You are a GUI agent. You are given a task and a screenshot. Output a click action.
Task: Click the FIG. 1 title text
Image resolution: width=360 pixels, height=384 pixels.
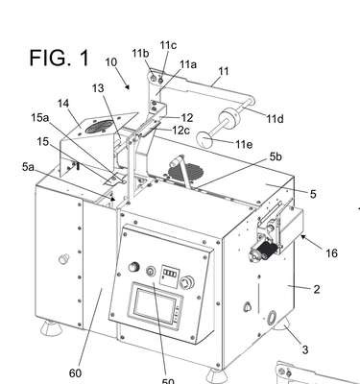pyautogui.click(x=60, y=58)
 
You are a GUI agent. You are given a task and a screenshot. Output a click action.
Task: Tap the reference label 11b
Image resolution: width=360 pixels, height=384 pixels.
pyautogui.click(x=140, y=54)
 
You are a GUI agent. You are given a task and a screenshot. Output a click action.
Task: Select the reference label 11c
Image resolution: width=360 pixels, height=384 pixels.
pyautogui.click(x=168, y=45)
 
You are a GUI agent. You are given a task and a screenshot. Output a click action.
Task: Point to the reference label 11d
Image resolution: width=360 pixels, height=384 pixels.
pyautogui.click(x=275, y=119)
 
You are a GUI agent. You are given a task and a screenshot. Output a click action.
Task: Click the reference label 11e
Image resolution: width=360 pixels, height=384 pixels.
pyautogui.click(x=244, y=144)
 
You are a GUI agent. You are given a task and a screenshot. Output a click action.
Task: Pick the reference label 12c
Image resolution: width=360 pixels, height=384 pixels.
pyautogui.click(x=181, y=131)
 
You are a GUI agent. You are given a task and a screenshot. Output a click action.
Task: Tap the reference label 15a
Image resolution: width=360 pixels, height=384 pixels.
pyautogui.click(x=40, y=117)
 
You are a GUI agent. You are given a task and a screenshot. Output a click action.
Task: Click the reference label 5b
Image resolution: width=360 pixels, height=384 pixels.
pyautogui.click(x=276, y=156)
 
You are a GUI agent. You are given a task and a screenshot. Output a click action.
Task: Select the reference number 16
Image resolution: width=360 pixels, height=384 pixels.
pyautogui.click(x=331, y=253)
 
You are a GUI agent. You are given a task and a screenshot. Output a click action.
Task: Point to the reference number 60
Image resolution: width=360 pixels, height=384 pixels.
pyautogui.click(x=75, y=372)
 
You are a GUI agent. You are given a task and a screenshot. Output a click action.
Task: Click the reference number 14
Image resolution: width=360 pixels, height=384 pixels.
pyautogui.click(x=63, y=103)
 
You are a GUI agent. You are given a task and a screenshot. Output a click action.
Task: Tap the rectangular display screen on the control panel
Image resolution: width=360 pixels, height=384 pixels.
pyautogui.click(x=156, y=306)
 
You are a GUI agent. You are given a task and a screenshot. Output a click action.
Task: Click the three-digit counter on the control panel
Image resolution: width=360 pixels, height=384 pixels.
pyautogui.click(x=170, y=274)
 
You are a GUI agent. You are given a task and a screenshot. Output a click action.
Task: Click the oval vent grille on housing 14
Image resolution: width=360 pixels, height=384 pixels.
pyautogui.click(x=100, y=127)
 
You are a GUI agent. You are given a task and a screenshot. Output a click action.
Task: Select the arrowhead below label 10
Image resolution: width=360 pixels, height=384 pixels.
pyautogui.click(x=128, y=86)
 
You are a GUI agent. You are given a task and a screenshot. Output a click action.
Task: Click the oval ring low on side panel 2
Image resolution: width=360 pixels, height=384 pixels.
pyautogui.click(x=272, y=317)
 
